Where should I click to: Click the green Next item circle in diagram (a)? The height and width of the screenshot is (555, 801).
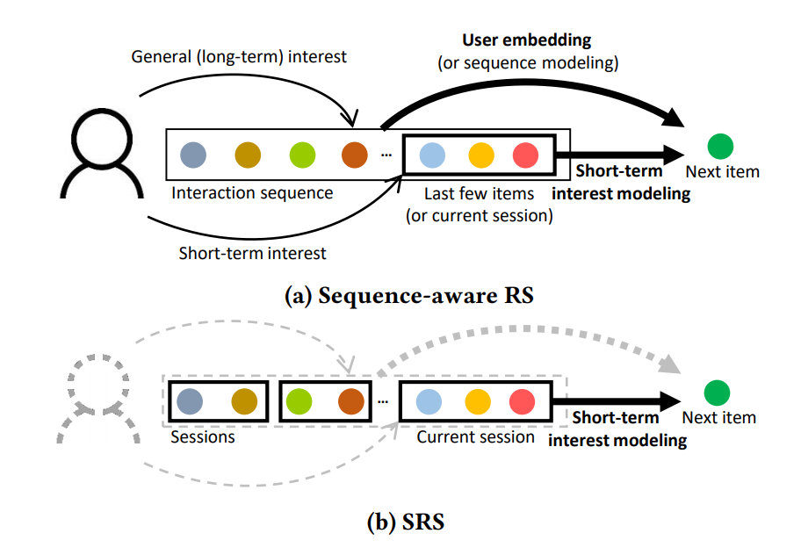(720, 146)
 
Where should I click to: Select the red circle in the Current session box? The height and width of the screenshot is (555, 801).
(523, 401)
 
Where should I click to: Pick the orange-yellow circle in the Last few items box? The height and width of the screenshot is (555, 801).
(481, 155)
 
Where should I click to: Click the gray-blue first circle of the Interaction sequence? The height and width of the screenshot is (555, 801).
(193, 155)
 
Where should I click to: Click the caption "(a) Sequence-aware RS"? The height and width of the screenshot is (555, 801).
(408, 296)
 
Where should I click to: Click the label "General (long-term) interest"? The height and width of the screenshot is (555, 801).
(239, 57)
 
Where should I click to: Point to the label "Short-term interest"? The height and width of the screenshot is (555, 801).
(252, 253)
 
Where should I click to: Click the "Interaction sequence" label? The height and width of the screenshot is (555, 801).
(252, 192)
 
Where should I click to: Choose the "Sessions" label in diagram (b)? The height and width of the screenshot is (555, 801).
(203, 436)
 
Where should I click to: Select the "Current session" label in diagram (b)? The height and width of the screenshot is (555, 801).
(475, 436)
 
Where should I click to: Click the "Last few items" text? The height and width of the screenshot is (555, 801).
(478, 193)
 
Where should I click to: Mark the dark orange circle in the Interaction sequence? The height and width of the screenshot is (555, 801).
(355, 155)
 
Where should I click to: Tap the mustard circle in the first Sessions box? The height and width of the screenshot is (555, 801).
(244, 401)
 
